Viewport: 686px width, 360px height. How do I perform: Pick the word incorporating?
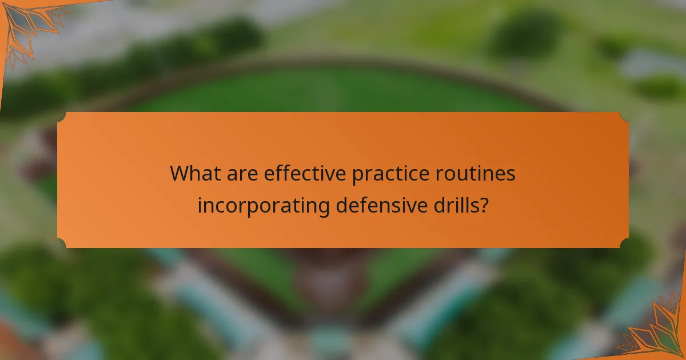pyautogui.click(x=263, y=205)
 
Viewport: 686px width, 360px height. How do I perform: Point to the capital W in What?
pyautogui.click(x=180, y=174)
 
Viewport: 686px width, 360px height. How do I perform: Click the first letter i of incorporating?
pyautogui.click(x=200, y=205)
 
